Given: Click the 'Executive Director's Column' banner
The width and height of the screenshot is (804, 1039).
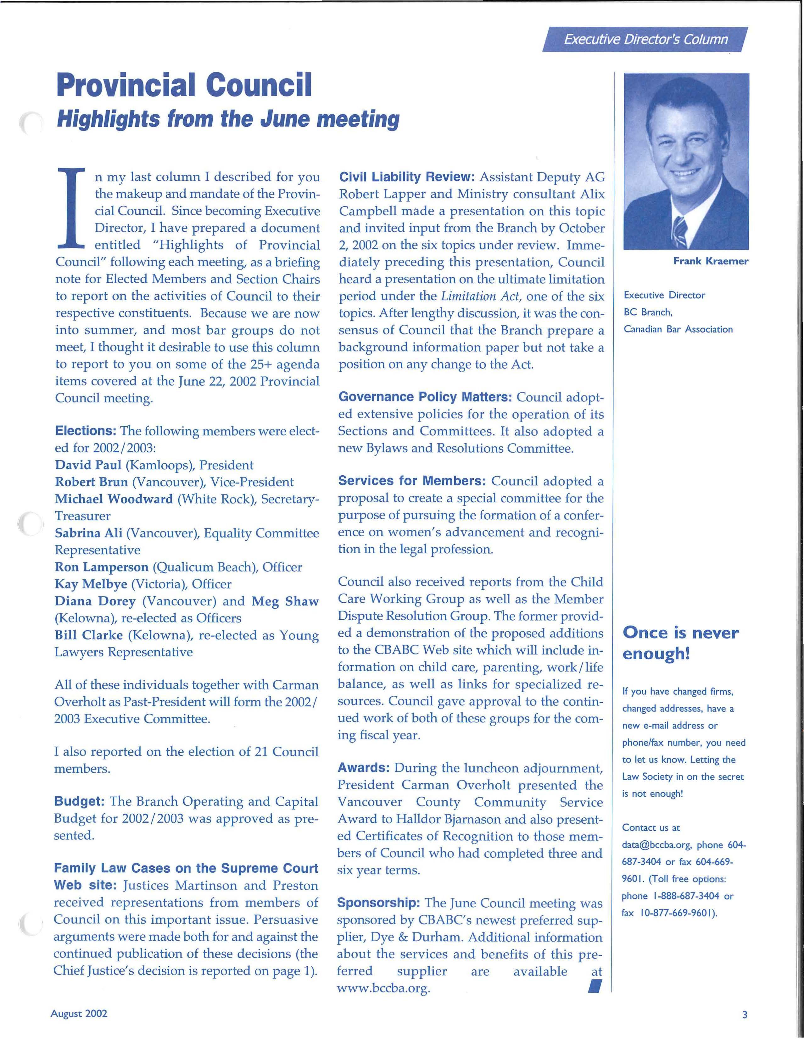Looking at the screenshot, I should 645,40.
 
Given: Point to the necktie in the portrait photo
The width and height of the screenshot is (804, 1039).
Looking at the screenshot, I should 680,231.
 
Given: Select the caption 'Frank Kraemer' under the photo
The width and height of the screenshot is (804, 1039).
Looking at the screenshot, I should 710,261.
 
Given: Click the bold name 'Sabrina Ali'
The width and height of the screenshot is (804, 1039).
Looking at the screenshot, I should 88,533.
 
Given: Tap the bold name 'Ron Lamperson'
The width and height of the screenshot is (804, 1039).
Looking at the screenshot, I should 101,567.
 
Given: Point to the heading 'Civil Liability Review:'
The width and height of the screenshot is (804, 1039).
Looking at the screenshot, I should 406,177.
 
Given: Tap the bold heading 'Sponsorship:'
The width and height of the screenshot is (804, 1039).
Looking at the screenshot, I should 378,903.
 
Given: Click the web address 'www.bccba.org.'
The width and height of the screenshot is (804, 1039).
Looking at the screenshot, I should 383,989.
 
